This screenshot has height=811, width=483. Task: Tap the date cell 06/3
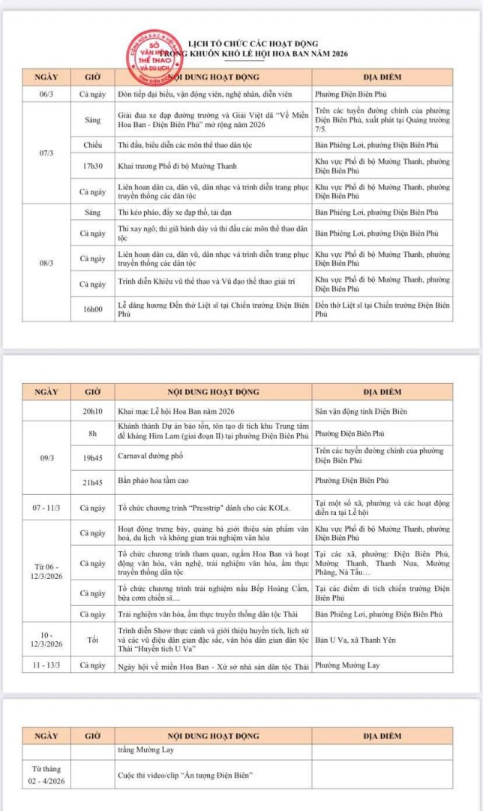click(45, 94)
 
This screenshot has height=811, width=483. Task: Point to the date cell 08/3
click(45, 263)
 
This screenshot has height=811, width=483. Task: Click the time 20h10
click(90, 411)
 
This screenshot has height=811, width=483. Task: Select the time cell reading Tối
click(90, 639)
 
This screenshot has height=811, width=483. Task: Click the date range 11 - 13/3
click(45, 665)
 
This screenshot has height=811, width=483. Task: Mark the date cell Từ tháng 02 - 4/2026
click(46, 774)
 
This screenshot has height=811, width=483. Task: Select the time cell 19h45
click(90, 455)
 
